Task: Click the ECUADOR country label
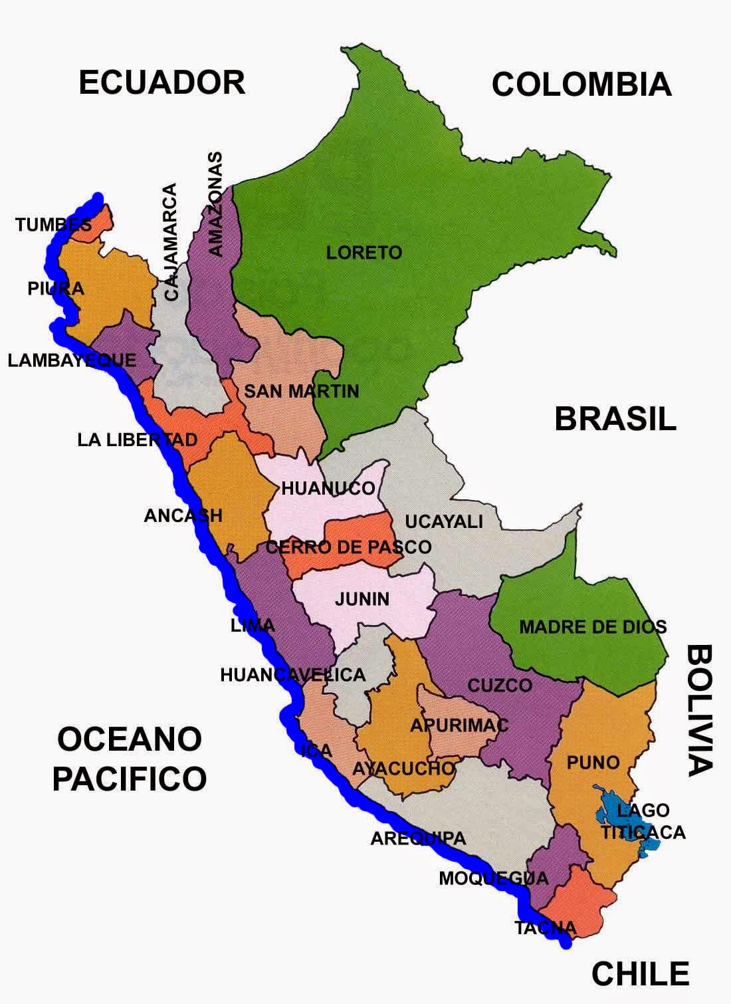tap(162, 83)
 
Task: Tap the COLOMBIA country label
tap(581, 85)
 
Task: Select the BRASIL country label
tap(615, 420)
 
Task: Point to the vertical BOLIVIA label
tap(699, 709)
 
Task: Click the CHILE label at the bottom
tap(640, 974)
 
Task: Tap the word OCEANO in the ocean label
tap(130, 739)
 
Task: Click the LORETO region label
tap(364, 253)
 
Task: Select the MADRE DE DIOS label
tap(592, 626)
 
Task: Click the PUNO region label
tap(593, 763)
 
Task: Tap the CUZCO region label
tap(500, 686)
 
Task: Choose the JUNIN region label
tap(362, 599)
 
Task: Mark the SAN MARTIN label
tap(301, 391)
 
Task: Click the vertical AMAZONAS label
tap(215, 204)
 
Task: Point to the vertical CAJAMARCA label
tap(171, 243)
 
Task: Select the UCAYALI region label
tap(444, 522)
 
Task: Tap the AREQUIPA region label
tap(418, 839)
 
